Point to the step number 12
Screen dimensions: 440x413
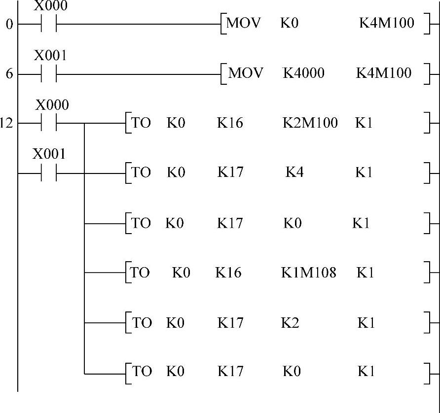click(x=6, y=123)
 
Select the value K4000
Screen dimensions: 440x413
click(x=303, y=73)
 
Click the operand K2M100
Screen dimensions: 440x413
click(x=310, y=123)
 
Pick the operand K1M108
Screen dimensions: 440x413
click(x=309, y=272)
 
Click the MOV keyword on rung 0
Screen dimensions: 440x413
click(x=243, y=23)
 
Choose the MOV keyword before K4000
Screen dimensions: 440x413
click(x=246, y=73)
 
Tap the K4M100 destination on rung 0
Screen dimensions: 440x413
click(x=387, y=23)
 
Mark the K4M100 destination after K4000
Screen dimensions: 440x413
click(x=384, y=73)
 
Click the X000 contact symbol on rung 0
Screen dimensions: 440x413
click(x=49, y=24)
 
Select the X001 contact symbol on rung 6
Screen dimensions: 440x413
click(x=49, y=74)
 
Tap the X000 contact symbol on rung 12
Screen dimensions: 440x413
click(x=49, y=123)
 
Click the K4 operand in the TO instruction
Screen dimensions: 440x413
click(x=294, y=172)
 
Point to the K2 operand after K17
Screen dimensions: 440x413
click(x=290, y=323)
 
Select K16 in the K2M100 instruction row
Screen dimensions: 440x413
click(x=230, y=123)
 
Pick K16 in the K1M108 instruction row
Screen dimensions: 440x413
click(x=228, y=272)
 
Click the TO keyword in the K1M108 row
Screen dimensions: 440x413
click(x=140, y=272)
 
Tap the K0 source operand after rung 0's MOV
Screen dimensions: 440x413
click(x=290, y=23)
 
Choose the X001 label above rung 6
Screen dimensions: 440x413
click(x=50, y=56)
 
